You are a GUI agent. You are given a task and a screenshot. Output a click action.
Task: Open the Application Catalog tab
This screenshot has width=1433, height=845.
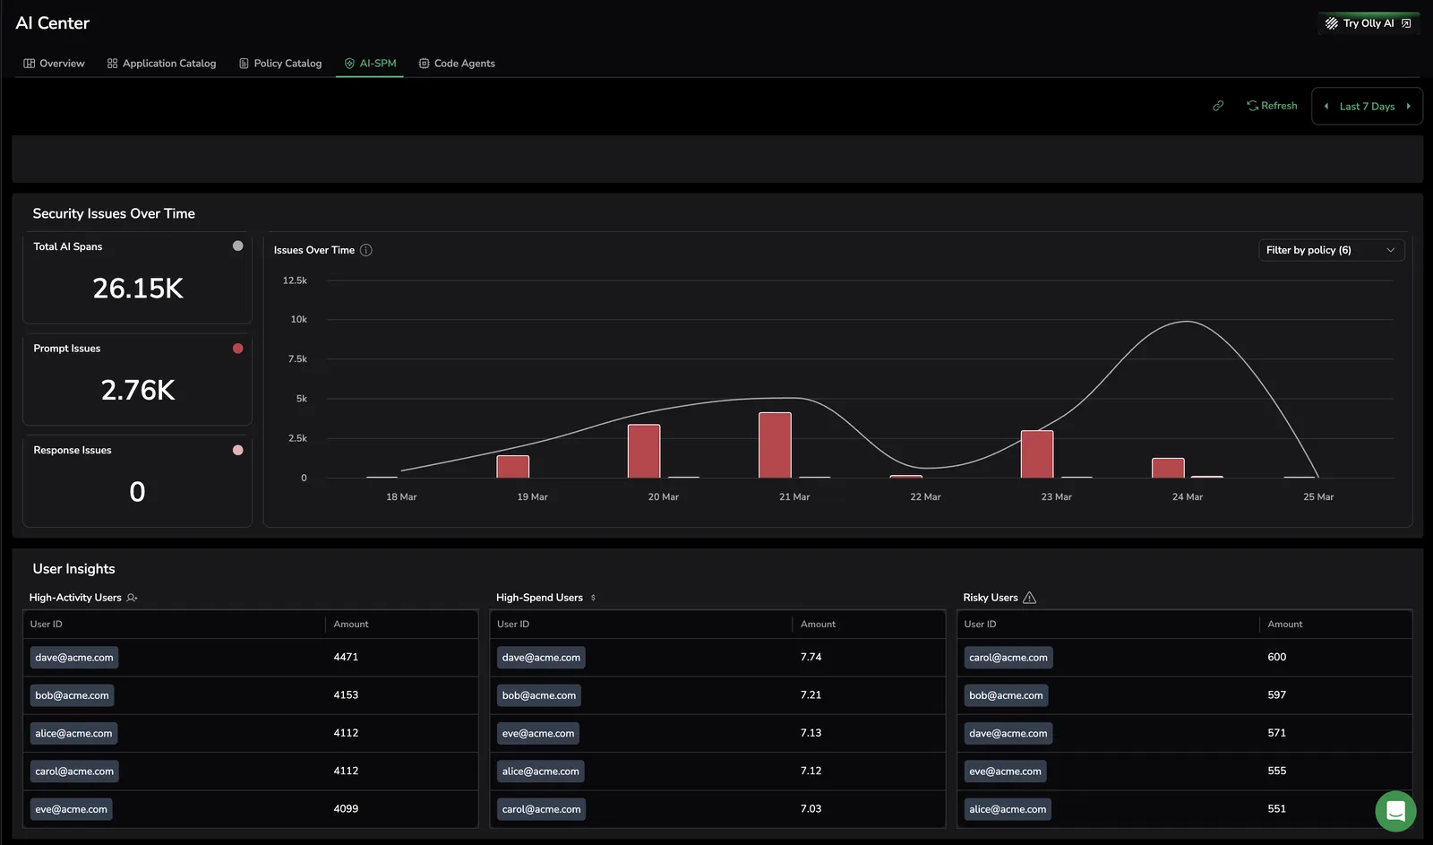(x=162, y=64)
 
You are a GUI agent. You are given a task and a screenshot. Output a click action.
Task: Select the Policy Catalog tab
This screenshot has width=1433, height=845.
(x=280, y=64)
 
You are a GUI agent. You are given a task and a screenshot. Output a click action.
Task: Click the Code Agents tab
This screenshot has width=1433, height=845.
(x=457, y=64)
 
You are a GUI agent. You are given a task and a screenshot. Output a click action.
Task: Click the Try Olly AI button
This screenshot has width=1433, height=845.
(x=1369, y=23)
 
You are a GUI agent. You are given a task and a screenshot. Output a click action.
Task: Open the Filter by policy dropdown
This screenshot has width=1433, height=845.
(x=1331, y=250)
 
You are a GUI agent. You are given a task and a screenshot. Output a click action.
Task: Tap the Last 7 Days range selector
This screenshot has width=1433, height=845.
(x=1367, y=107)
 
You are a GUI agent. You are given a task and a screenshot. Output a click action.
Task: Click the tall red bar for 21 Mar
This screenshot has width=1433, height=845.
(x=775, y=445)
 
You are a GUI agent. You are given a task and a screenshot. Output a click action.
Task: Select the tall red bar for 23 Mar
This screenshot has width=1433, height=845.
(x=1037, y=454)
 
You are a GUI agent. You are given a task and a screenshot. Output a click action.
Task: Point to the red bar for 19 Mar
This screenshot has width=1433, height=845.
(x=513, y=467)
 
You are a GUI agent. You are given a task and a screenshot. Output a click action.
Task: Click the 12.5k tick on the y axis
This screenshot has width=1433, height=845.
(x=295, y=280)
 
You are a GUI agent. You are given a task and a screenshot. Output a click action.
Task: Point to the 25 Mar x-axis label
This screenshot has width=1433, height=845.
(x=1318, y=496)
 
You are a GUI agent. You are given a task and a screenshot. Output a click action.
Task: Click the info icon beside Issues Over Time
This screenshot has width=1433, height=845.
(x=366, y=250)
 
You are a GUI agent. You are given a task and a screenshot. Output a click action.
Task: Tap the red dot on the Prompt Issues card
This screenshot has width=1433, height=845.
(x=238, y=349)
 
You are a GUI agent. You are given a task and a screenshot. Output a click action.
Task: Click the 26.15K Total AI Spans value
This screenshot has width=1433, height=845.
(x=138, y=288)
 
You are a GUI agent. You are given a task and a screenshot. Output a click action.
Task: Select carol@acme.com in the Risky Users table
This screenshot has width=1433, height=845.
(x=1008, y=658)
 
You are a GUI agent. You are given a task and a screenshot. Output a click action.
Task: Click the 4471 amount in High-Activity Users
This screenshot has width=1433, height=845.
(x=346, y=657)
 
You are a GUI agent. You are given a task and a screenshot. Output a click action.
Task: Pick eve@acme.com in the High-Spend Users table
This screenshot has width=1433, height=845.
(x=538, y=733)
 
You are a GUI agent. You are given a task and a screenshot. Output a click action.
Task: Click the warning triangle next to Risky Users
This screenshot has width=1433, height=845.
(x=1029, y=598)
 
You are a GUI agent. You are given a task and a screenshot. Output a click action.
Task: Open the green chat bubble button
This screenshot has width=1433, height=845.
(x=1395, y=811)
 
